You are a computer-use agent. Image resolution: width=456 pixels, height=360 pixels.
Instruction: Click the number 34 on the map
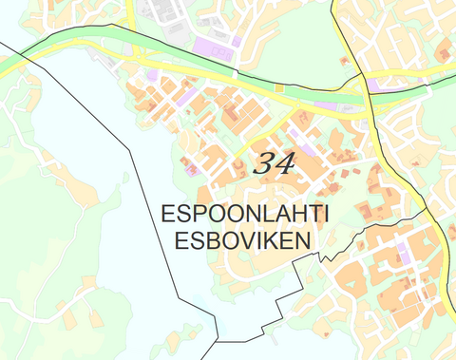tap(274, 162)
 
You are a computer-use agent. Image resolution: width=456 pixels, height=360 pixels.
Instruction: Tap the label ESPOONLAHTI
tap(245, 215)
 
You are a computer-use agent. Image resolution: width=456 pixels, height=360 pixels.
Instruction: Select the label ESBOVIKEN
tap(243, 241)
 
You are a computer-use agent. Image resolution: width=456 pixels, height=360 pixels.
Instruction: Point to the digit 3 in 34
tap(263, 162)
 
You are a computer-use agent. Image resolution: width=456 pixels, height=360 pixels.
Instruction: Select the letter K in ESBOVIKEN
tap(270, 241)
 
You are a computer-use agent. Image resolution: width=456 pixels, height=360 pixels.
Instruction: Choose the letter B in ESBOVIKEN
tap(207, 241)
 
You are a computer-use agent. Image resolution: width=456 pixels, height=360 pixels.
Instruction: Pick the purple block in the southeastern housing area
tap(402, 253)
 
